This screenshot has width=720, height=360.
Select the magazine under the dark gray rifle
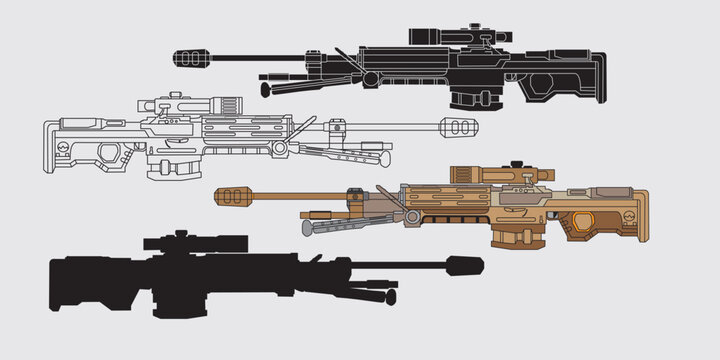point(469,92)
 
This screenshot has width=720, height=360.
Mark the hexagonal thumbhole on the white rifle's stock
point(111,148)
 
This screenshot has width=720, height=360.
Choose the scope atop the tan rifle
point(500,174)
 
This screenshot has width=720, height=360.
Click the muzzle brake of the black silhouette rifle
point(465,266)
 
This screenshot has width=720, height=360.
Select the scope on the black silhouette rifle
point(195,243)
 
